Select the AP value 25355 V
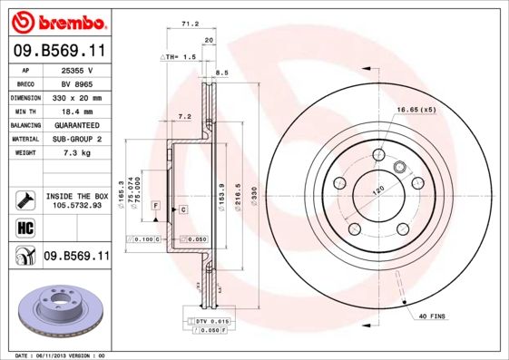(x=76, y=69)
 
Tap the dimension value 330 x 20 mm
(x=76, y=97)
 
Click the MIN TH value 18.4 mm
(x=76, y=111)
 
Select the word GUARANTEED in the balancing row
(x=76, y=124)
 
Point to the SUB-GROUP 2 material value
(x=76, y=139)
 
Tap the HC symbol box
(x=25, y=227)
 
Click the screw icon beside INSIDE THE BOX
(x=25, y=198)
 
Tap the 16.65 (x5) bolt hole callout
(x=416, y=110)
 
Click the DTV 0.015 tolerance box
(x=210, y=322)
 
